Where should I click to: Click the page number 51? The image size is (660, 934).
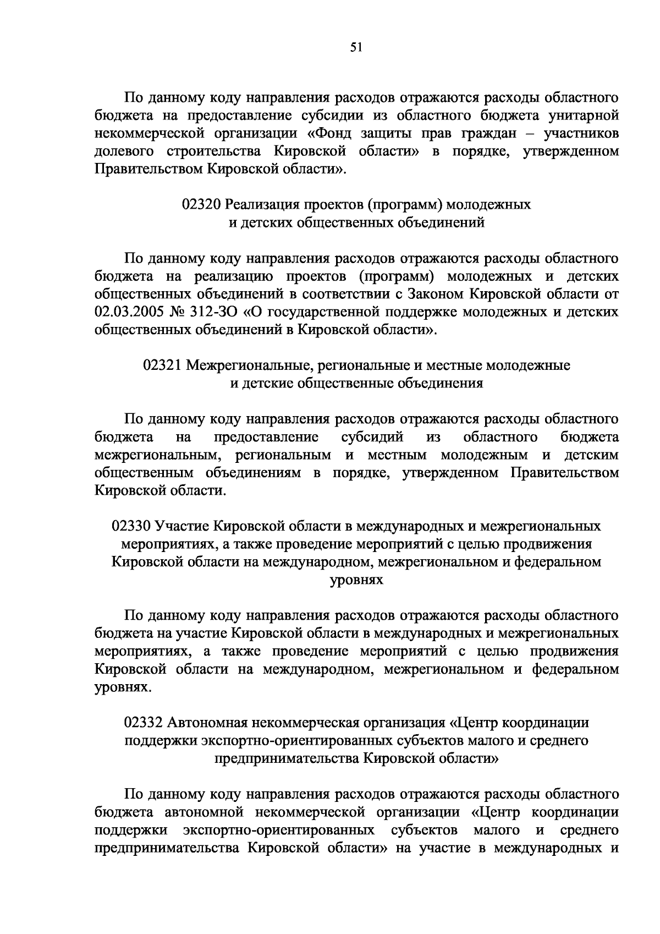356,47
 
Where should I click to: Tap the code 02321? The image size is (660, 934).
162,365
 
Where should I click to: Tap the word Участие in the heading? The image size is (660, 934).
182,526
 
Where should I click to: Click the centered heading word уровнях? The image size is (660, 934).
356,580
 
